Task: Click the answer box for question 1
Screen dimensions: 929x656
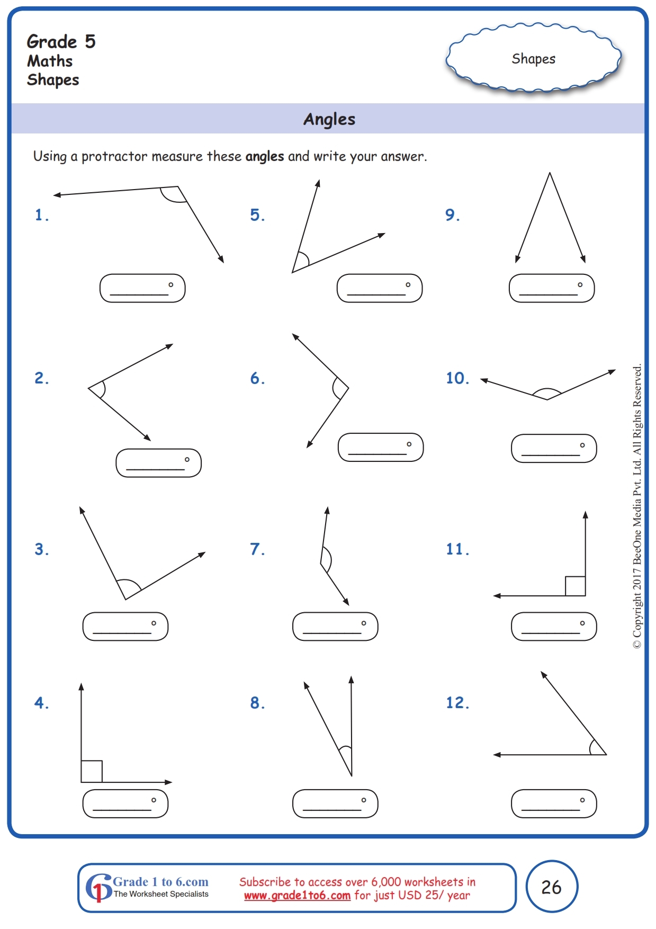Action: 142,288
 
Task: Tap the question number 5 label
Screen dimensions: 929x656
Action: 257,215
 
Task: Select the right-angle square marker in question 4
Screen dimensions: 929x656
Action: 92,771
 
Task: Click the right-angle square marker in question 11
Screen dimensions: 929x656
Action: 575,586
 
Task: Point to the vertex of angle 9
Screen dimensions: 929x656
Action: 550,174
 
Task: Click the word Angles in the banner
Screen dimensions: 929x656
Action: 329,119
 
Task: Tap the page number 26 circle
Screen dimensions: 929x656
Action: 552,887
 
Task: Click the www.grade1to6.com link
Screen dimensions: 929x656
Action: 297,896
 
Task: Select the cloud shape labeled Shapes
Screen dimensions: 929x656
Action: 533,58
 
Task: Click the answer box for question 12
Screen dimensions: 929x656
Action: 554,803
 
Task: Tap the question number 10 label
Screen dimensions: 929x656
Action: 457,378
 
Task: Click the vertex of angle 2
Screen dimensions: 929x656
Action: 89,388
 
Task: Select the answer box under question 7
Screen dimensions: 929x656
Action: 335,627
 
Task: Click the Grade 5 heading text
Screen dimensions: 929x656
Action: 61,42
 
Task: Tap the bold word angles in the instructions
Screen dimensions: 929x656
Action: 265,157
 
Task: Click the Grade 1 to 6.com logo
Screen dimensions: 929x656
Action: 148,887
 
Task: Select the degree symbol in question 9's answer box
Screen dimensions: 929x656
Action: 580,285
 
